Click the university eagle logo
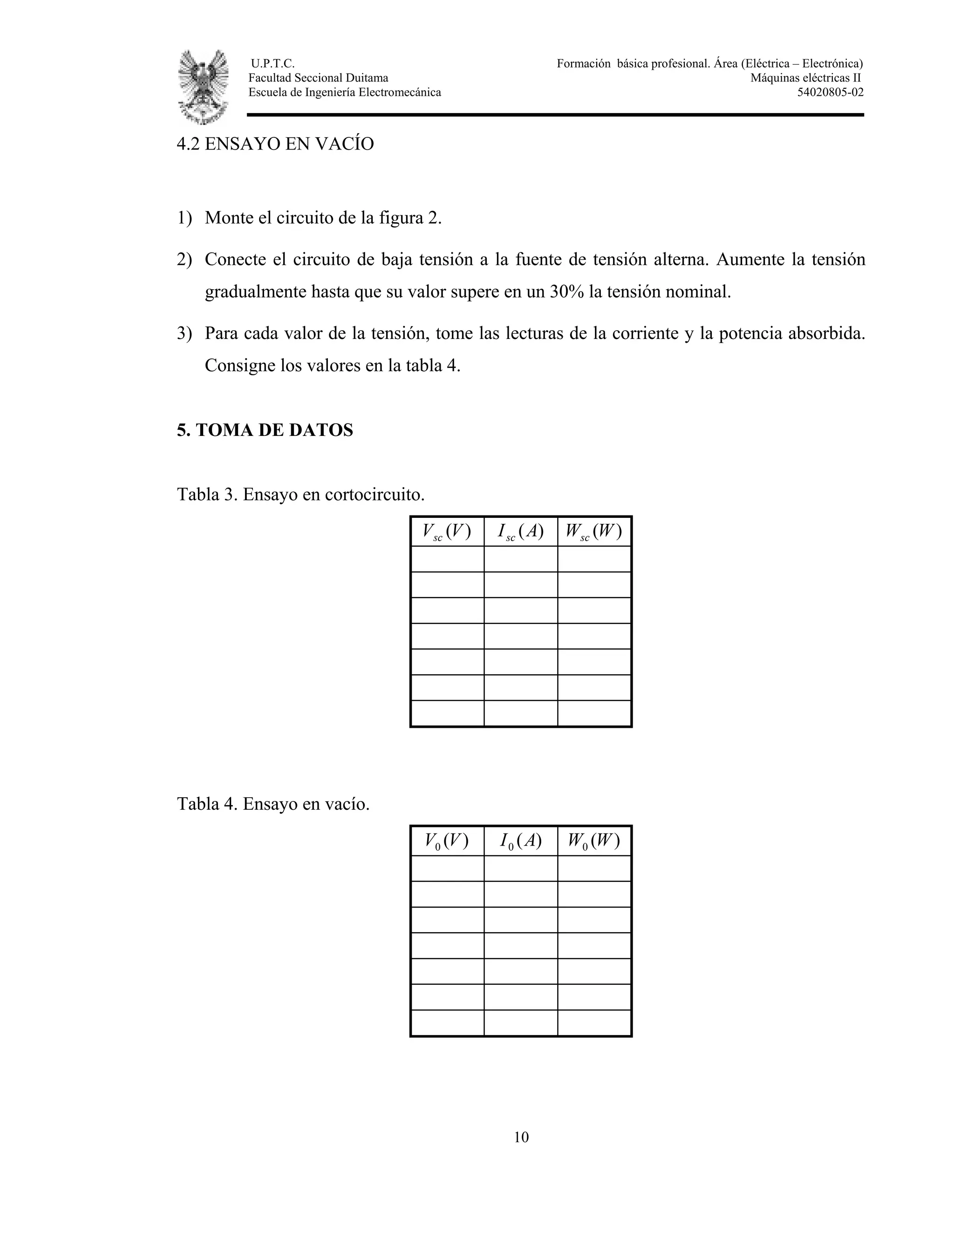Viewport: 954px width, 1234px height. (x=204, y=87)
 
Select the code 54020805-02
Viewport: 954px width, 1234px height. (x=830, y=93)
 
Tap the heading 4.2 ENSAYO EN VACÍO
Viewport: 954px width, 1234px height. (x=275, y=144)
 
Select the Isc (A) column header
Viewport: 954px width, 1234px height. (x=520, y=532)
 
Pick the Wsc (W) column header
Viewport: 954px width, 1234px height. (x=594, y=532)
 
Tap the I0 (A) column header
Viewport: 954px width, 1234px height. (x=520, y=841)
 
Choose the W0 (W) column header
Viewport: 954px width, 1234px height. (x=594, y=841)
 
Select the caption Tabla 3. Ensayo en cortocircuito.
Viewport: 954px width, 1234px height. (x=300, y=495)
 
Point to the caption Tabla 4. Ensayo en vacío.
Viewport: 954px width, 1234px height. (x=273, y=803)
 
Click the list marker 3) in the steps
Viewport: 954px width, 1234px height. (x=184, y=333)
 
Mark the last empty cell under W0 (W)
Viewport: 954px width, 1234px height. (x=594, y=1023)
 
